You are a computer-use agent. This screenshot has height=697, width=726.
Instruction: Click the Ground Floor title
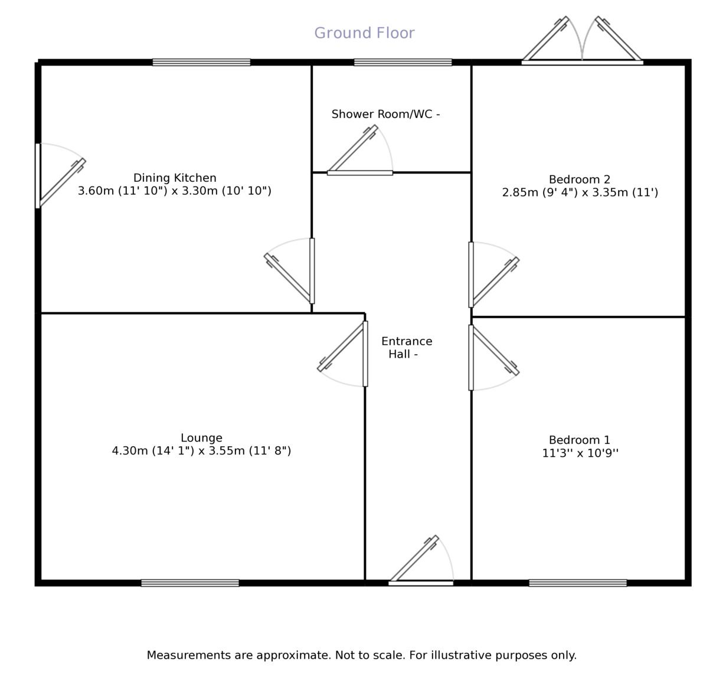coord(364,33)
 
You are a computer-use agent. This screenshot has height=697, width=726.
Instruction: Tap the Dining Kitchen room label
coord(175,178)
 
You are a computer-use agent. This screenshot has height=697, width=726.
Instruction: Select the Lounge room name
coord(201,438)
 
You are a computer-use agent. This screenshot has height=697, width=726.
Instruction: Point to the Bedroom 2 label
coord(579,179)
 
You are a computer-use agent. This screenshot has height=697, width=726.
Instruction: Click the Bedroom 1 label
coord(579,440)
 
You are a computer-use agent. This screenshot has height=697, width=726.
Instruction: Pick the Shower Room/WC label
coord(385,114)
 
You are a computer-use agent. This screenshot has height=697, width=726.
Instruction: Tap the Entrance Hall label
coord(406,348)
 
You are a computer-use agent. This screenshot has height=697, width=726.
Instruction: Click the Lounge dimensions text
coord(201,451)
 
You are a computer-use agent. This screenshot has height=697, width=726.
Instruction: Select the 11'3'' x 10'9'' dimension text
coord(580,453)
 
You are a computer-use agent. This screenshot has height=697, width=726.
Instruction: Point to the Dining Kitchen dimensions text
coord(175,191)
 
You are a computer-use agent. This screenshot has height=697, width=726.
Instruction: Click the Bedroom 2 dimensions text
coord(580,192)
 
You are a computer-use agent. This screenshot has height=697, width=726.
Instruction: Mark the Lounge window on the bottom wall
coord(190,583)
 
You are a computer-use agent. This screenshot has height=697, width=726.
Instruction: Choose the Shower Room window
coord(403,62)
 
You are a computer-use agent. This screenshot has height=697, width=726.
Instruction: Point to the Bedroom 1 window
coord(577,583)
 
